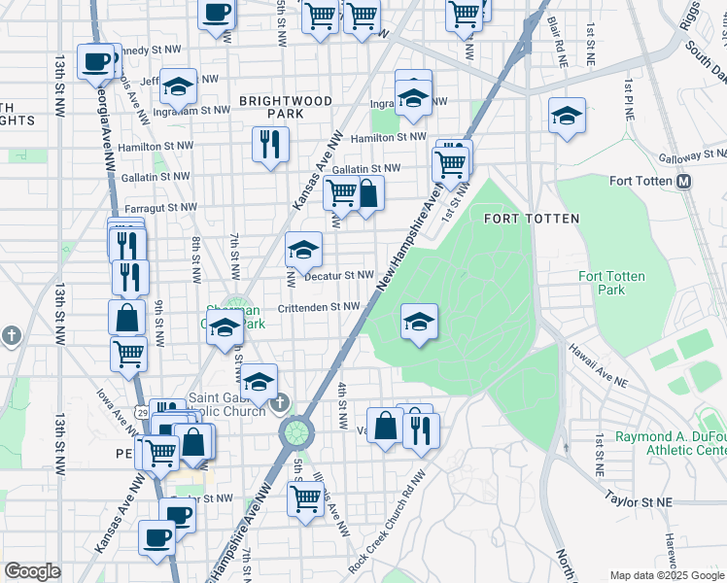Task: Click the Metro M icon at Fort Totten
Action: tap(683, 182)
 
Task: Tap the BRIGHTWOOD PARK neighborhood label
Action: tap(286, 107)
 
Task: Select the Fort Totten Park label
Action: tap(611, 283)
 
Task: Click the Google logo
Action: tap(32, 571)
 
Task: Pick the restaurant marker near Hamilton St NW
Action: tap(269, 145)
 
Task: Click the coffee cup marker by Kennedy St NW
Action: tap(96, 62)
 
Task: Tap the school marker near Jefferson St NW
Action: tap(178, 86)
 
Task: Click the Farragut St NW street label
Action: tap(160, 207)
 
